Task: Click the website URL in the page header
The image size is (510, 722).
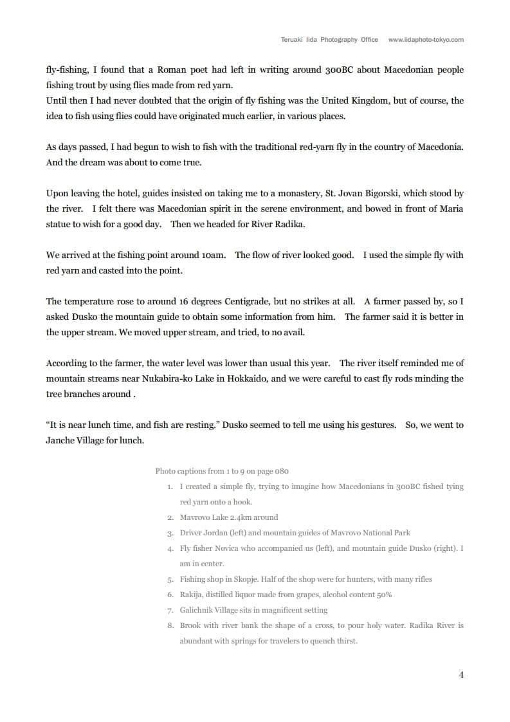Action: pos(426,39)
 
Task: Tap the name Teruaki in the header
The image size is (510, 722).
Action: pos(293,39)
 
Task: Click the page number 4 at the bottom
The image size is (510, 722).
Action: pos(461,674)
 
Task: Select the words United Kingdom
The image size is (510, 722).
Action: pos(355,101)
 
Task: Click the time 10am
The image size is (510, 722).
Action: pos(214,255)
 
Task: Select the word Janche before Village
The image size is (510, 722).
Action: pos(61,441)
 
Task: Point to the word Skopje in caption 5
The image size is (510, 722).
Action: pos(243,579)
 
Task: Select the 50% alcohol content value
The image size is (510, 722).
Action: pos(384,595)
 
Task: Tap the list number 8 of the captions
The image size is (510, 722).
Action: pos(170,625)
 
